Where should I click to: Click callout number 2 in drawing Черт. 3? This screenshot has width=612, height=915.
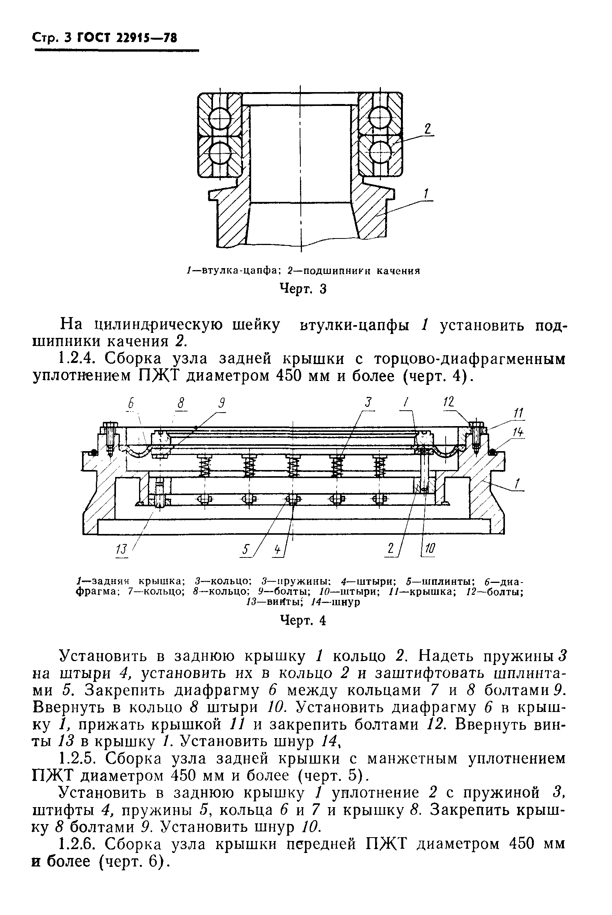tap(428, 128)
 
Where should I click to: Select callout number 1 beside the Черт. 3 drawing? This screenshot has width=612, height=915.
tap(426, 194)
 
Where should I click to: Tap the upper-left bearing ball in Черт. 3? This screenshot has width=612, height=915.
tap(220, 116)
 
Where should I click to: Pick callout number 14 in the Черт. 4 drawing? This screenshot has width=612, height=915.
tap(518, 433)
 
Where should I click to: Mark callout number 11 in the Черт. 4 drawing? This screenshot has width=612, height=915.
tap(519, 413)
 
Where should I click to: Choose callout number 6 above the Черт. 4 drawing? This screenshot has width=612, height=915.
tap(131, 403)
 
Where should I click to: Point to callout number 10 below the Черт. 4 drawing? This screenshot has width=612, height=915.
tap(429, 549)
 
